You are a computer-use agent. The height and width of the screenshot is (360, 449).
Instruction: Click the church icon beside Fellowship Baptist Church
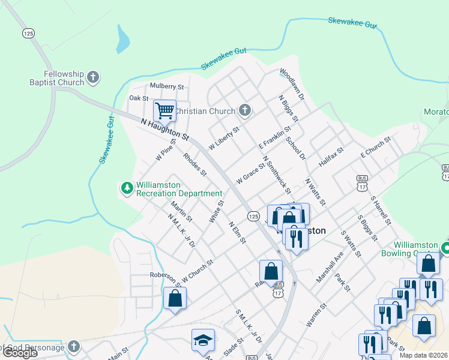92,77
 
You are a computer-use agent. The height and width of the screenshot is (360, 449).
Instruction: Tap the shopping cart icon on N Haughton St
164,110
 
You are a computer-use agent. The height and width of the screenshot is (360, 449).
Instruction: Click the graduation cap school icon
203,340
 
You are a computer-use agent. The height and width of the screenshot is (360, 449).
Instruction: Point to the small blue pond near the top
123,40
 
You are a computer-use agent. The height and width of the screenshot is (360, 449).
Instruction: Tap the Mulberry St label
149,86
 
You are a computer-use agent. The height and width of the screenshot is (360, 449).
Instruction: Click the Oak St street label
139,98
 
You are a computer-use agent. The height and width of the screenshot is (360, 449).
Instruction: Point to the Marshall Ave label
330,266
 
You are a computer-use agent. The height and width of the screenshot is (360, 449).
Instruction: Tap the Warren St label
316,314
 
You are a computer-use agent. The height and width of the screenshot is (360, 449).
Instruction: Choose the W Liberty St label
224,138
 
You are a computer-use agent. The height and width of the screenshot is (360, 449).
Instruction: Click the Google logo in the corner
20,353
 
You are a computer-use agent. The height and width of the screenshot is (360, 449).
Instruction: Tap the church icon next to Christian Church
244,110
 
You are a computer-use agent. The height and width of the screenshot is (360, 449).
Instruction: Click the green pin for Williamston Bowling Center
445,247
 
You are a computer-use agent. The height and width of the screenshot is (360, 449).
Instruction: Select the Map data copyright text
424,355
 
